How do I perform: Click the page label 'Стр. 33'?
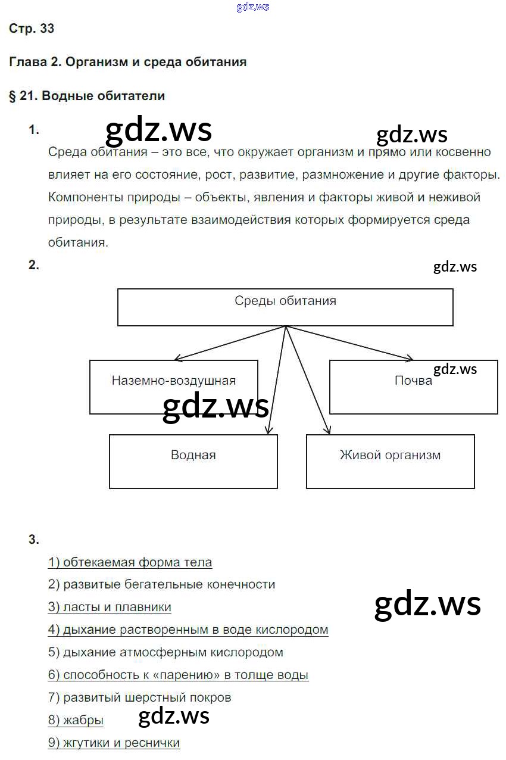(x=32, y=28)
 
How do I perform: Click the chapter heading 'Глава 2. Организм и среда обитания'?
(x=127, y=62)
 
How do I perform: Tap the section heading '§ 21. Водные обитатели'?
(x=87, y=96)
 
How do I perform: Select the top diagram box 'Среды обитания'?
(x=285, y=307)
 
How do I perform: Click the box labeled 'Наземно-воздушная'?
(x=173, y=387)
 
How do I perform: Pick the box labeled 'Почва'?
(x=413, y=387)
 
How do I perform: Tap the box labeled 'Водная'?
(x=193, y=461)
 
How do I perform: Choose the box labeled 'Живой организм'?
(x=390, y=461)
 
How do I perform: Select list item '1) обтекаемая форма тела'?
(x=130, y=562)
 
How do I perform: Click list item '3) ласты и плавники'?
(x=110, y=608)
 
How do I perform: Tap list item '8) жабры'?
(x=76, y=721)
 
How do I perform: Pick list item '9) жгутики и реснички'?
(x=114, y=743)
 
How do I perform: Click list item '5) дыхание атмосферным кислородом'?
(x=165, y=653)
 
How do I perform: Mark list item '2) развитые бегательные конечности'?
(x=161, y=585)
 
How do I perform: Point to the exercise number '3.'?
(x=33, y=540)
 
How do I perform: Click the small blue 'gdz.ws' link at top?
(x=253, y=7)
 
